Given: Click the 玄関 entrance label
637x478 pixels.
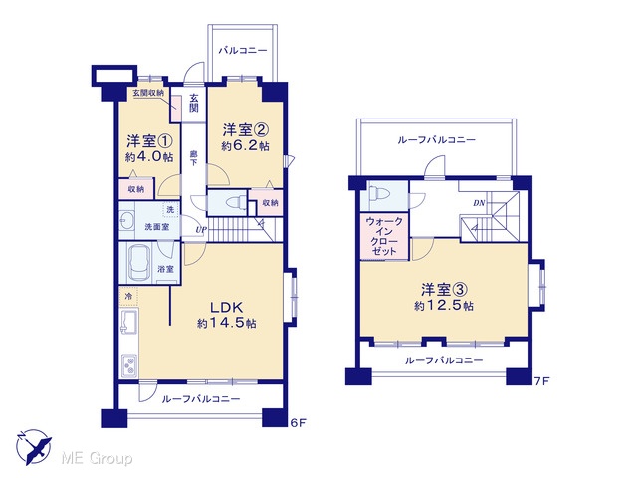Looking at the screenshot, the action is pos(194,103).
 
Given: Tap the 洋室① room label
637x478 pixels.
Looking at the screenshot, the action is pos(149,141).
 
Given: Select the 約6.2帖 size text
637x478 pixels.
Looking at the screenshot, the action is pos(245,146).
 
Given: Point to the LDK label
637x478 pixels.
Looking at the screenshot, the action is pos(226,307).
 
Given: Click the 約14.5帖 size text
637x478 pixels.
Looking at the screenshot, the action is pos(226,323).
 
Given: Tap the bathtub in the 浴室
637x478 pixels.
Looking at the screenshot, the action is pos(139,263).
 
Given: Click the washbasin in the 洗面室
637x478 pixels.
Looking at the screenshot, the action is pos(127,221).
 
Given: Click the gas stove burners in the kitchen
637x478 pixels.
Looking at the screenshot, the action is pos(129,364).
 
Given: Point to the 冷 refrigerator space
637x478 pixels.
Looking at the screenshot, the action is pos(128,297).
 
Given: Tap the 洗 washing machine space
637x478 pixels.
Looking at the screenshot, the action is pos(170,209).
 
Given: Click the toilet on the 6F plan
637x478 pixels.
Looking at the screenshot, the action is pos(235,202).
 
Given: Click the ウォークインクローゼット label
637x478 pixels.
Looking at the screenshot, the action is pos(384,237).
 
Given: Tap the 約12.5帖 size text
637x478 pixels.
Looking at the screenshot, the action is pos(444,306).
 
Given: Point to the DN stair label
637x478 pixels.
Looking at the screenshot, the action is pos(479,203).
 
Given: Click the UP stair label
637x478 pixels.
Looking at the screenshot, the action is pos(201,230).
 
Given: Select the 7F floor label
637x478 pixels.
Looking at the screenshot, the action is pos(541,381).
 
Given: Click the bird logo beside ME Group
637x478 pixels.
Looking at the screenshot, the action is pos(34,447).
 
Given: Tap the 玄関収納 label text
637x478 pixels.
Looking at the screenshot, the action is pos(148,93).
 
